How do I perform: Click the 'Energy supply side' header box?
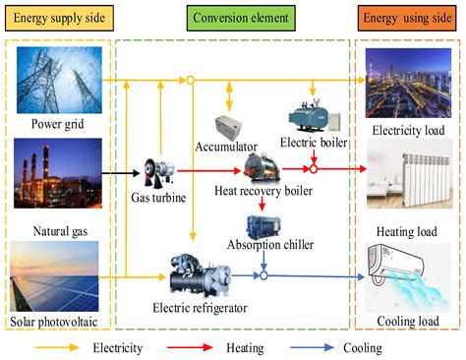[x=59, y=18]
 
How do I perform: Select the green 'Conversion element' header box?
[x=241, y=18]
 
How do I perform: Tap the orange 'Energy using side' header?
[x=407, y=18]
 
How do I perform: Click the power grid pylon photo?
[x=59, y=80]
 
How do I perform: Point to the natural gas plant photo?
[x=58, y=173]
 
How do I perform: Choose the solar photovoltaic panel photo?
[x=54, y=276]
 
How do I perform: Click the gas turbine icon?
[x=158, y=173]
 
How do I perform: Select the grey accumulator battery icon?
[x=228, y=128]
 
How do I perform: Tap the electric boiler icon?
[x=314, y=116]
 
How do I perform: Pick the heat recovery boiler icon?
[x=262, y=168]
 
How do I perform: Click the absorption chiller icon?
[x=263, y=227]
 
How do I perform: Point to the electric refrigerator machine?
[x=201, y=275]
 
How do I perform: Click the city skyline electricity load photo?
[x=408, y=83]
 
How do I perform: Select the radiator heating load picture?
[x=410, y=174]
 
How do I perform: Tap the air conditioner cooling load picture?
[x=408, y=277]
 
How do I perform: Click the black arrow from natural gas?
[x=121, y=173]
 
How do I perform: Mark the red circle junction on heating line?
[x=314, y=169]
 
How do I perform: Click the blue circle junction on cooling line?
[x=263, y=275]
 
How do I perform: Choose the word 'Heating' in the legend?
[x=245, y=348]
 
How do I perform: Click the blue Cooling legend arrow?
[x=313, y=347]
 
